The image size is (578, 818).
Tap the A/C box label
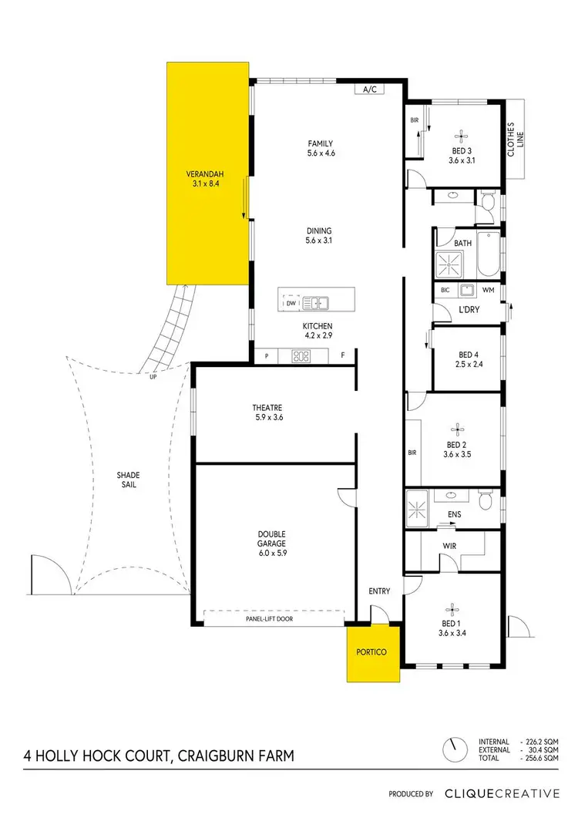coord(369,89)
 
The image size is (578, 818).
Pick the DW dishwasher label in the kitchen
coord(291,304)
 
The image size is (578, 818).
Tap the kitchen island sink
coord(317,303)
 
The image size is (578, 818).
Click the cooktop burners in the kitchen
coord(301,356)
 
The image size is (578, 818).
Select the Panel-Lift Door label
coord(274,618)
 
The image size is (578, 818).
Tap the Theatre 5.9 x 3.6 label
coord(267,412)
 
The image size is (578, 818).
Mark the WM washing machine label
coord(488,290)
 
